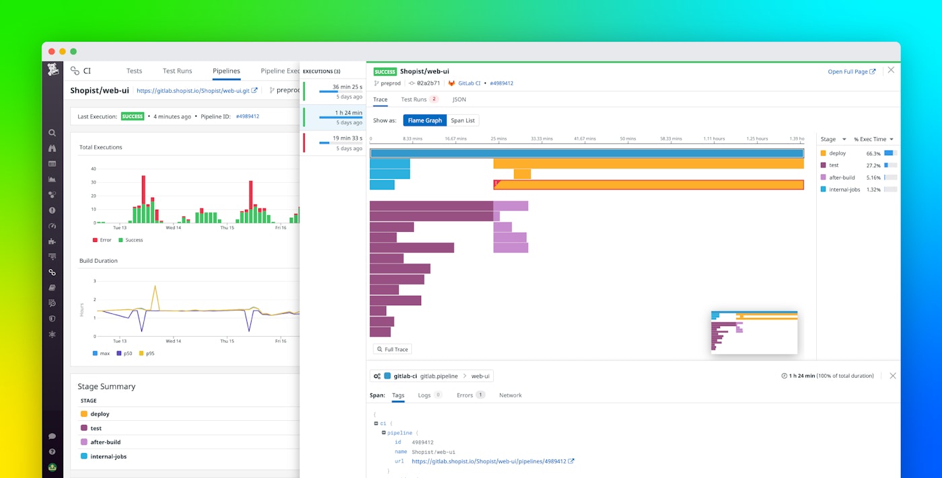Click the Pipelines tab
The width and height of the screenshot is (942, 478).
(x=226, y=71)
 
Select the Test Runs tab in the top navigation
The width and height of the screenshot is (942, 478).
(x=177, y=71)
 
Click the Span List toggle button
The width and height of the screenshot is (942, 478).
(x=462, y=120)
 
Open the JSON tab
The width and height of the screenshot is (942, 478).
(x=459, y=99)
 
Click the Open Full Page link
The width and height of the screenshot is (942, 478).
(x=851, y=71)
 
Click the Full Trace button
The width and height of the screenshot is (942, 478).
(x=392, y=349)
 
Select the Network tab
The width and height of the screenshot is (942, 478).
(x=510, y=395)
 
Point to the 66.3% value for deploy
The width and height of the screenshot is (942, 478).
(x=873, y=153)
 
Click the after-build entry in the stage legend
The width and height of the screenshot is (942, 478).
(x=841, y=177)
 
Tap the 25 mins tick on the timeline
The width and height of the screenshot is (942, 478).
(x=498, y=138)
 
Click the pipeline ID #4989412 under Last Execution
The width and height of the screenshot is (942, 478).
(x=247, y=116)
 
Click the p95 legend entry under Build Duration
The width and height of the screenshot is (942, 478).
(x=150, y=353)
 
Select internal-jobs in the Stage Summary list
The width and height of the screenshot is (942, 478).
(x=108, y=456)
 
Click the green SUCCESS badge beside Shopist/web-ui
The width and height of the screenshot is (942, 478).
(x=385, y=71)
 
